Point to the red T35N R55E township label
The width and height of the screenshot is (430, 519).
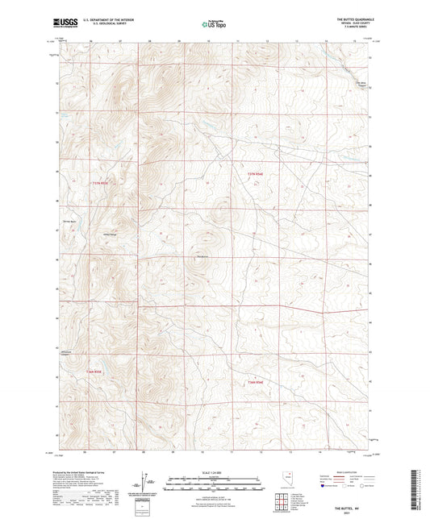pyautogui.click(x=99, y=183)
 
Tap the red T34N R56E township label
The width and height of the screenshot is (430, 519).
pyautogui.click(x=256, y=380)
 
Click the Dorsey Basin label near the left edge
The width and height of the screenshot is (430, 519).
pyautogui.click(x=69, y=221)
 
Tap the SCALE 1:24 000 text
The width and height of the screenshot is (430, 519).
pyautogui.click(x=214, y=472)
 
